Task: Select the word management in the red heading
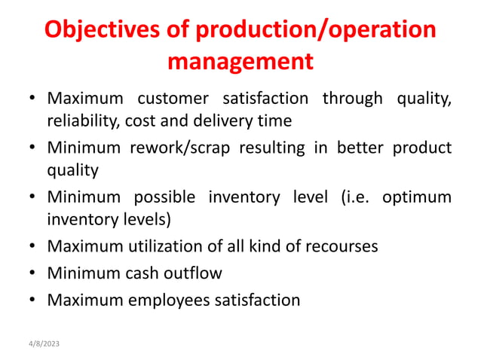point(240,61)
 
